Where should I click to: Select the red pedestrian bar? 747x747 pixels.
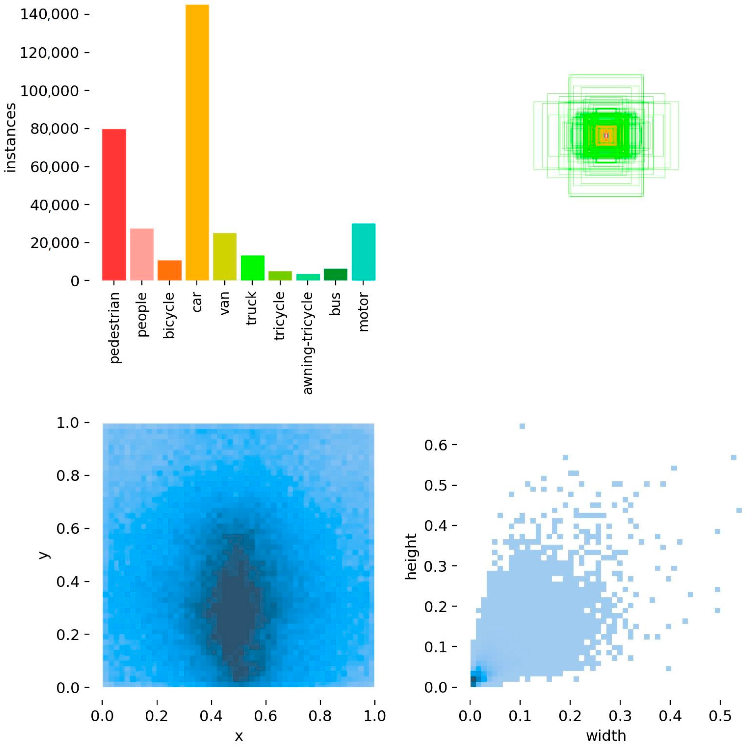(114, 205)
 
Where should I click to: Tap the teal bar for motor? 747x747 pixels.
(363, 252)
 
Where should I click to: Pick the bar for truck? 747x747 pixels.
(252, 268)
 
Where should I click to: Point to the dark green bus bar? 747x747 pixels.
(336, 274)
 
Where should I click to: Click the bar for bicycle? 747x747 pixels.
(169, 270)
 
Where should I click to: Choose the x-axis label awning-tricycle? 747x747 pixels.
(308, 343)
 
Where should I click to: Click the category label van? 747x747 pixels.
(225, 303)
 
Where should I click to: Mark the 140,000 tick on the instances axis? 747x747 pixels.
(50, 15)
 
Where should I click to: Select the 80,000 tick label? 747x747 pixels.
(54, 129)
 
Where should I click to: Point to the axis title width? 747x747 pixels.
(606, 736)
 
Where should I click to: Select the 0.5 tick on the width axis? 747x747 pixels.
(720, 716)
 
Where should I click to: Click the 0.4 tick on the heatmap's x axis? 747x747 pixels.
(211, 716)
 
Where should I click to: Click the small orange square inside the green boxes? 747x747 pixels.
(606, 135)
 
